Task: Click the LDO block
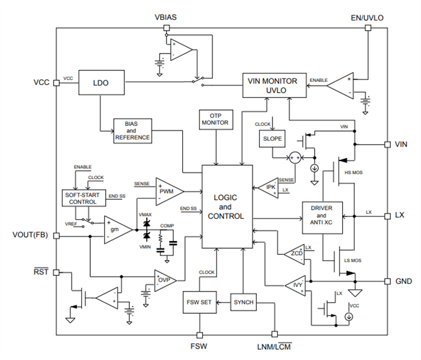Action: point(101,83)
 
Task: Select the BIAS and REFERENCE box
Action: point(132,130)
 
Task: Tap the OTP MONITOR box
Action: point(215,119)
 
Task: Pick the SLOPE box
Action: point(269,138)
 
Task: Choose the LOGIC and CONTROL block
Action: point(227,207)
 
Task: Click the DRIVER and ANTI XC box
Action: point(321,216)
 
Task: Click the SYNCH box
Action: point(244,302)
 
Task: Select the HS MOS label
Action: point(352,172)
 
